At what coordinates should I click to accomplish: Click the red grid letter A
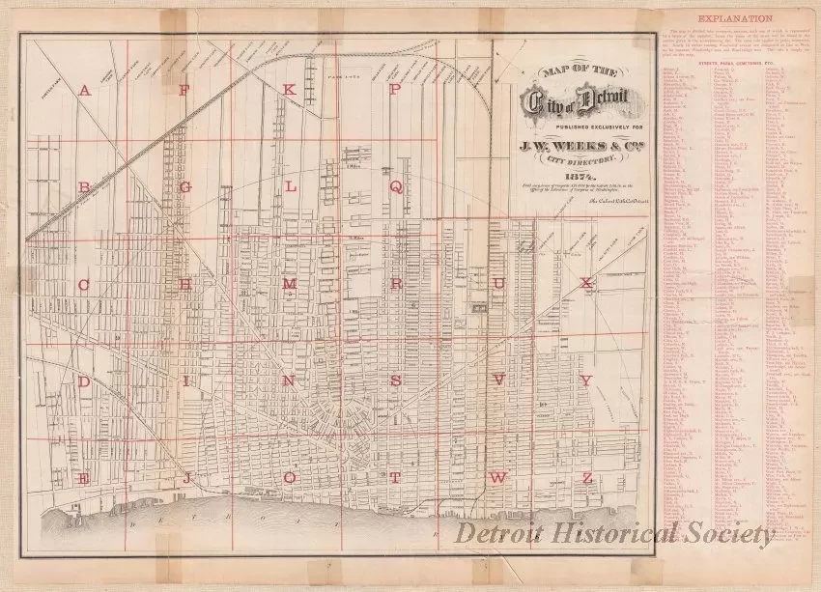click(85, 91)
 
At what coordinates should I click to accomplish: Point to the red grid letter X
click(585, 283)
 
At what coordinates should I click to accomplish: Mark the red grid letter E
click(85, 478)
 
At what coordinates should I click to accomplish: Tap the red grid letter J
click(184, 478)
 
